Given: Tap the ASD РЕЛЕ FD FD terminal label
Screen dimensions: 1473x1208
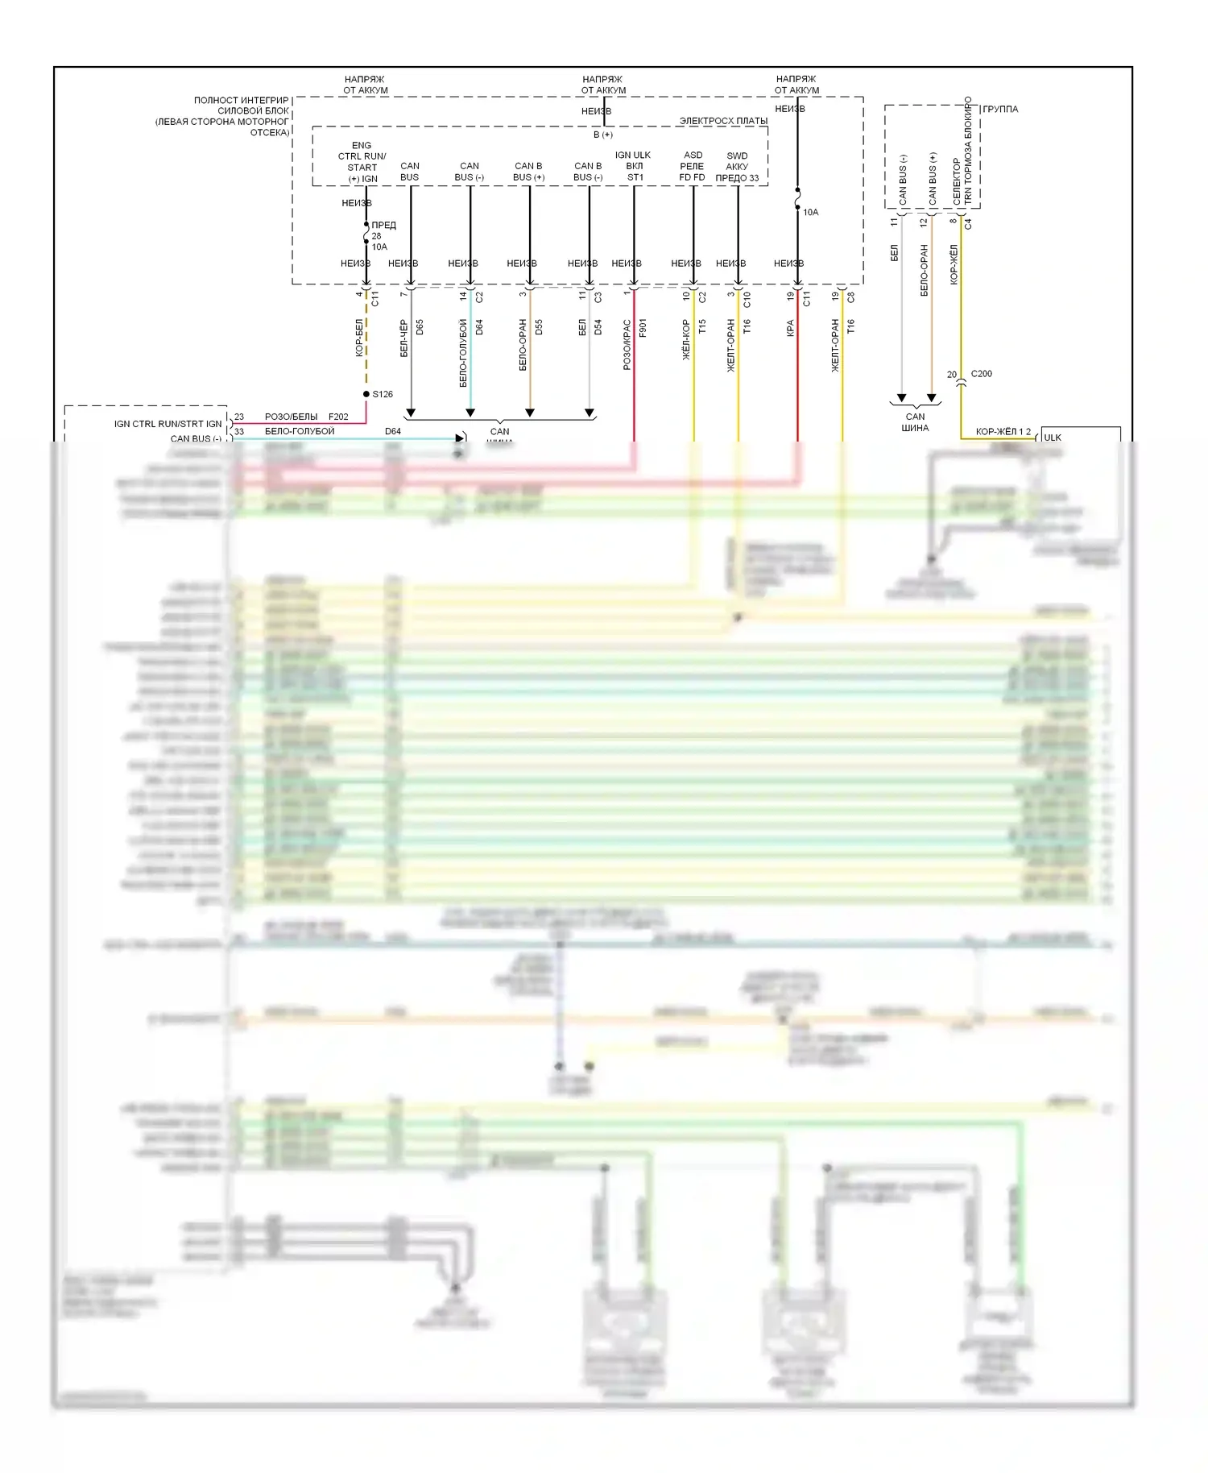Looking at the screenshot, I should (x=693, y=166).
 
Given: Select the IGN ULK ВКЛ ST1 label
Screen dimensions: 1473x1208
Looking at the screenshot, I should (x=634, y=166).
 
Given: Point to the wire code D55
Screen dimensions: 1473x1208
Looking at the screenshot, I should (x=539, y=327).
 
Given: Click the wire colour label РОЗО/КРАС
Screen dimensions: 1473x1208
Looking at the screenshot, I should (x=627, y=345).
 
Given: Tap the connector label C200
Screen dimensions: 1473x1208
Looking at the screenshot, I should (x=982, y=374).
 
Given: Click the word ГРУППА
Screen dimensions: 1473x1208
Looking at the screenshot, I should (x=1000, y=110).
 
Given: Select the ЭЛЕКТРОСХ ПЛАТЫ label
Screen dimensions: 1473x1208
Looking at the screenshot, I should (x=723, y=121).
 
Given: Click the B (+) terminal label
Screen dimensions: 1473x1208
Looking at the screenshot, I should (x=603, y=135).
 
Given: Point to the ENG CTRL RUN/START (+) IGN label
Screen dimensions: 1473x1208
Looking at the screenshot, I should (x=362, y=162).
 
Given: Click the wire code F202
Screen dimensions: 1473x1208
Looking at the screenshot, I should (x=338, y=417).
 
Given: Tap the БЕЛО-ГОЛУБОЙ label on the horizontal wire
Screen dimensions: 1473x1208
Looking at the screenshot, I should (x=300, y=431).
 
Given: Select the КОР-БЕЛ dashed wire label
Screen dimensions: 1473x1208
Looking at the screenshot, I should (x=359, y=338).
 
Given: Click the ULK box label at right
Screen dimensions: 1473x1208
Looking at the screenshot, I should (x=1053, y=438).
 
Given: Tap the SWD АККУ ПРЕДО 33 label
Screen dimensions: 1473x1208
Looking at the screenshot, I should (x=737, y=167).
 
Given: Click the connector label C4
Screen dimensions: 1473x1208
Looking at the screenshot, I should (x=968, y=224).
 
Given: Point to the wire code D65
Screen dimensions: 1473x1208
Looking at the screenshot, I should (x=420, y=327).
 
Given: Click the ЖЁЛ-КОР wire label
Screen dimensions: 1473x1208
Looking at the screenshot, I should (x=687, y=339).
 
